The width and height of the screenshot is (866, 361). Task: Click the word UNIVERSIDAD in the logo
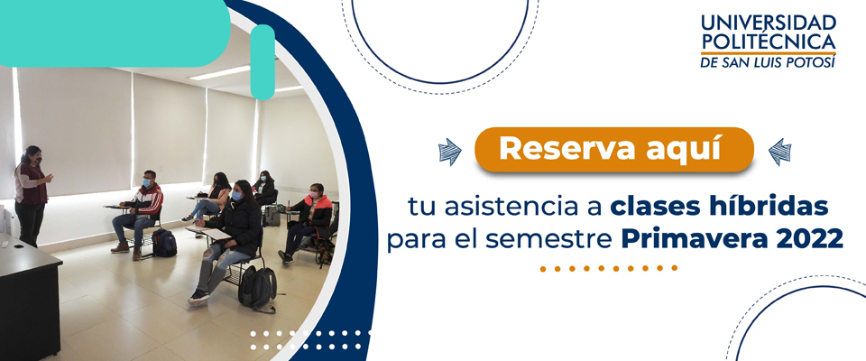(769, 21)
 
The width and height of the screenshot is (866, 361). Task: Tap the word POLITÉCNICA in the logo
(769, 41)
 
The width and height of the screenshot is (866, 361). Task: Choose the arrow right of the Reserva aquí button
(778, 151)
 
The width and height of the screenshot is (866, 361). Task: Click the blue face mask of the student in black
(237, 195)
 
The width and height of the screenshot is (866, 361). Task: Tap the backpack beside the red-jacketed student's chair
(163, 242)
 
